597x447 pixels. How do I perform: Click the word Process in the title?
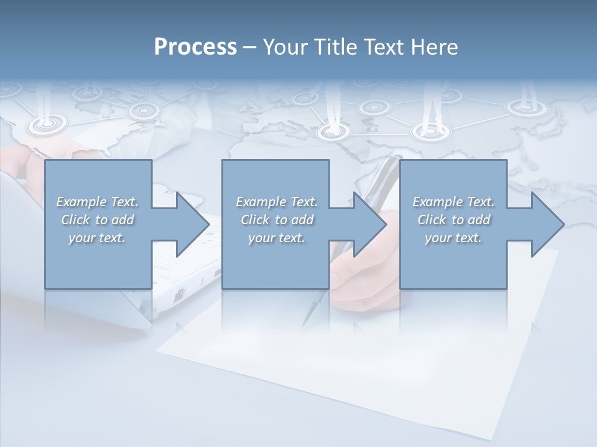[x=195, y=47]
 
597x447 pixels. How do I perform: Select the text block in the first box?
[x=98, y=220]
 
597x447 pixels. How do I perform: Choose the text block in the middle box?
[x=277, y=220]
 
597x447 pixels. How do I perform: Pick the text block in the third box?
[x=453, y=220]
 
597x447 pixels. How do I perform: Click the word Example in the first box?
[x=81, y=202]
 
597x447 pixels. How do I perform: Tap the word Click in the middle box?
[x=255, y=220]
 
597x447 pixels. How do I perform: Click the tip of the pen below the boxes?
[x=304, y=324]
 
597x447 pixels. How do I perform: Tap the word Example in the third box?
[x=437, y=202]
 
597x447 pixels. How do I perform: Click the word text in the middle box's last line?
[x=290, y=238]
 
